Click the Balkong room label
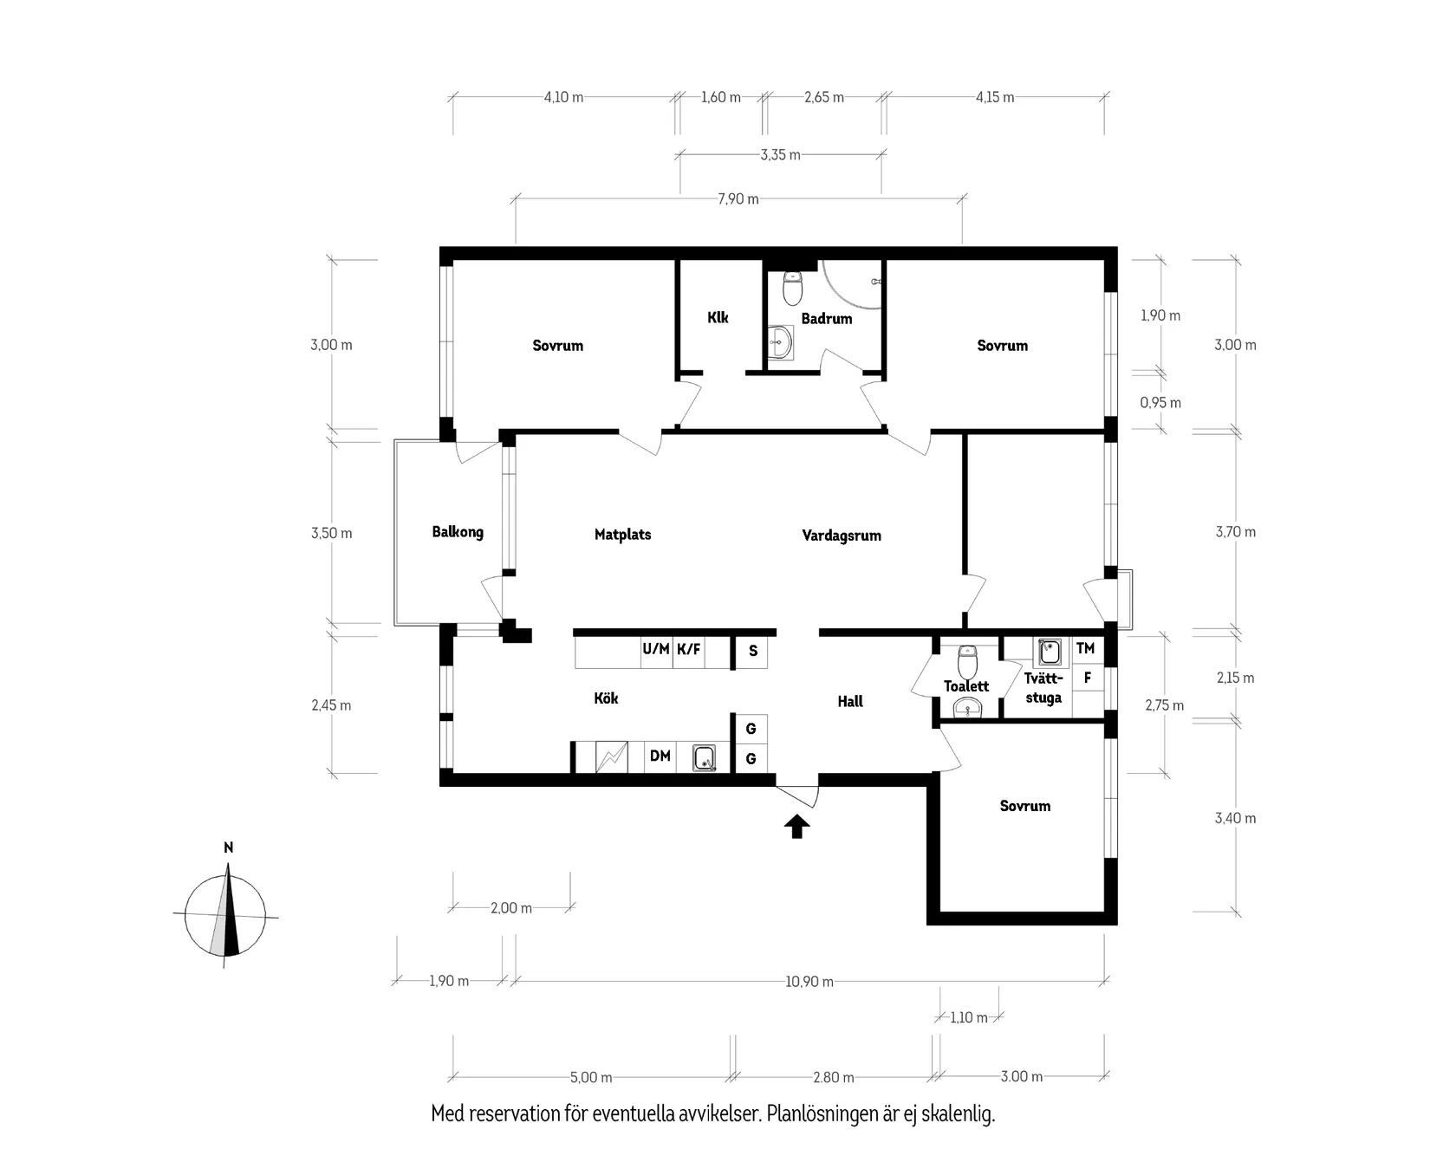(x=458, y=532)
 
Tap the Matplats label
(x=622, y=535)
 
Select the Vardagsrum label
(x=842, y=536)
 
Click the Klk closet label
(x=718, y=317)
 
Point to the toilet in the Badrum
(x=792, y=289)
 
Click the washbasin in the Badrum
(x=781, y=342)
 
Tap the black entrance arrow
(x=797, y=827)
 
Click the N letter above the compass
(x=228, y=847)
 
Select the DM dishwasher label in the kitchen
(x=660, y=756)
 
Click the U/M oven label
(x=656, y=648)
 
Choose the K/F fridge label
(x=689, y=648)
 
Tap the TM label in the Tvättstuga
(x=1085, y=648)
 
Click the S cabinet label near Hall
(x=753, y=651)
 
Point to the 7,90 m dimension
(x=738, y=199)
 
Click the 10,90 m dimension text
(x=809, y=982)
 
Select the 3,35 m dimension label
(x=781, y=155)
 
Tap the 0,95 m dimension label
(x=1160, y=403)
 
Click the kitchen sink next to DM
(x=705, y=759)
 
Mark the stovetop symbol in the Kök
(x=612, y=757)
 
